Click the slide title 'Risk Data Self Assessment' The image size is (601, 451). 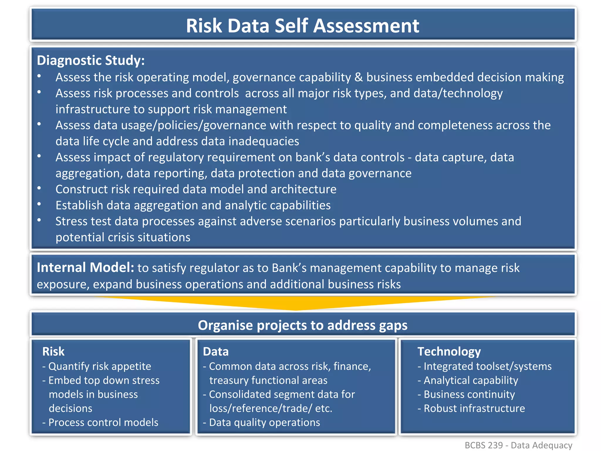click(x=303, y=26)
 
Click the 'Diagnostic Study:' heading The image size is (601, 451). click(x=91, y=60)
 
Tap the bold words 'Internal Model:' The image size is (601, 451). click(x=85, y=267)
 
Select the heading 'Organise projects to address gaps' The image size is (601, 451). click(x=303, y=325)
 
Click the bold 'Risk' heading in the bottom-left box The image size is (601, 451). click(x=53, y=351)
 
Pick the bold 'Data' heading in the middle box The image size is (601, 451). click(x=216, y=351)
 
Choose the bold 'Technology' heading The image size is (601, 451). click(x=449, y=351)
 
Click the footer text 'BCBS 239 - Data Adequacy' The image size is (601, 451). click(x=518, y=445)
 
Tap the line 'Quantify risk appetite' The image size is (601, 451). click(x=99, y=366)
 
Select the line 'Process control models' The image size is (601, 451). click(x=103, y=423)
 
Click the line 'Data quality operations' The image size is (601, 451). click(x=264, y=423)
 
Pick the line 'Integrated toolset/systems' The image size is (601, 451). click(x=487, y=366)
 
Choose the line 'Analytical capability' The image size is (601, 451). click(x=471, y=381)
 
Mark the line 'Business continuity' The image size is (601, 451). click(x=469, y=394)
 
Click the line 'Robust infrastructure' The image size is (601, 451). click(x=474, y=408)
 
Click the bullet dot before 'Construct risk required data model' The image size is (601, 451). click(x=39, y=188)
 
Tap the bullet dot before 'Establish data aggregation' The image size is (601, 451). click(x=39, y=204)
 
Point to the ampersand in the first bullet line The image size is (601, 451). click(x=358, y=78)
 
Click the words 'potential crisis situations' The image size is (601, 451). click(x=123, y=237)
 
